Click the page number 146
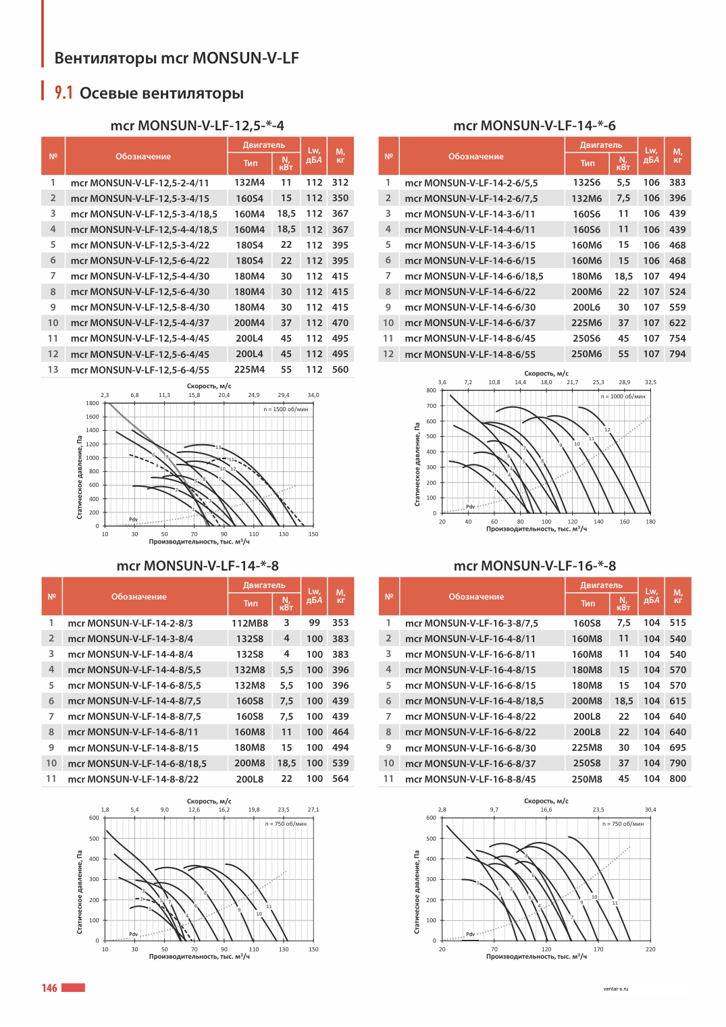[49, 988]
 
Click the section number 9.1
[63, 93]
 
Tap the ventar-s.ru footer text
[615, 989]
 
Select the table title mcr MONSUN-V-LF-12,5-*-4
[197, 125]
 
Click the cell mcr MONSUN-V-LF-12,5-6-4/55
[140, 369]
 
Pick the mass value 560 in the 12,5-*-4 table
[340, 369]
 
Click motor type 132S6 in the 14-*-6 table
[587, 182]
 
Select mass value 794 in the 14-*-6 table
[677, 354]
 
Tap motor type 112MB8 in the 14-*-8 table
[249, 623]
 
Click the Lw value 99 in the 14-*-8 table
[314, 623]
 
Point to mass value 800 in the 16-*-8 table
[677, 779]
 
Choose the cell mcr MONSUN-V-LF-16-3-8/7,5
[471, 623]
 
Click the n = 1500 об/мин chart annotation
[286, 409]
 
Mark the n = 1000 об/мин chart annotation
[623, 396]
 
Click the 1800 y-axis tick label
[92, 403]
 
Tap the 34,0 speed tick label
[313, 395]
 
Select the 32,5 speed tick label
[650, 382]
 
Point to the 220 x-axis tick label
[650, 949]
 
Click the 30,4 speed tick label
[650, 810]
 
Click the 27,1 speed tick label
[313, 810]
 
